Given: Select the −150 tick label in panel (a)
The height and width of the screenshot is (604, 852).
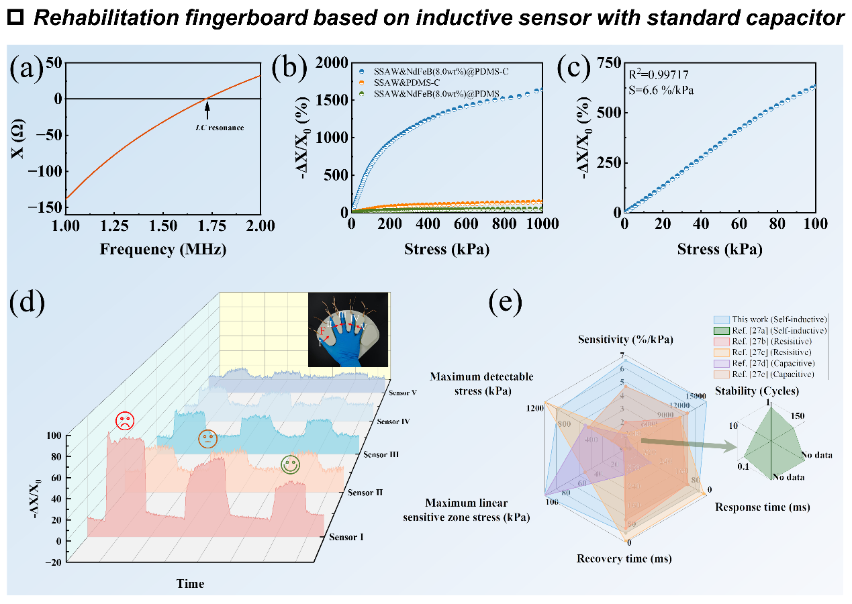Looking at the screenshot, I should click(49, 207).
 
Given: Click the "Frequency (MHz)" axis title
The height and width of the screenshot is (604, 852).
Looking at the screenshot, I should click(163, 250).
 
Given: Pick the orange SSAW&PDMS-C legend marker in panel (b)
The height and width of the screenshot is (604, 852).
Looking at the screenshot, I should click(362, 82).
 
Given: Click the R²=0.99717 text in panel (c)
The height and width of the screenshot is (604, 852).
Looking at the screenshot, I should click(659, 74).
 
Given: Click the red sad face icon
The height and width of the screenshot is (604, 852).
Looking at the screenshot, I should click(124, 421).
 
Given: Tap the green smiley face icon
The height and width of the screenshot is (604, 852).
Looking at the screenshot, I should click(290, 464).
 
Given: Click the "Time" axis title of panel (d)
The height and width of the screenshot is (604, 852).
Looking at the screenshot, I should click(190, 583).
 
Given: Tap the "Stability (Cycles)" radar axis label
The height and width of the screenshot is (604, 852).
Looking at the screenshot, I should click(757, 391).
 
